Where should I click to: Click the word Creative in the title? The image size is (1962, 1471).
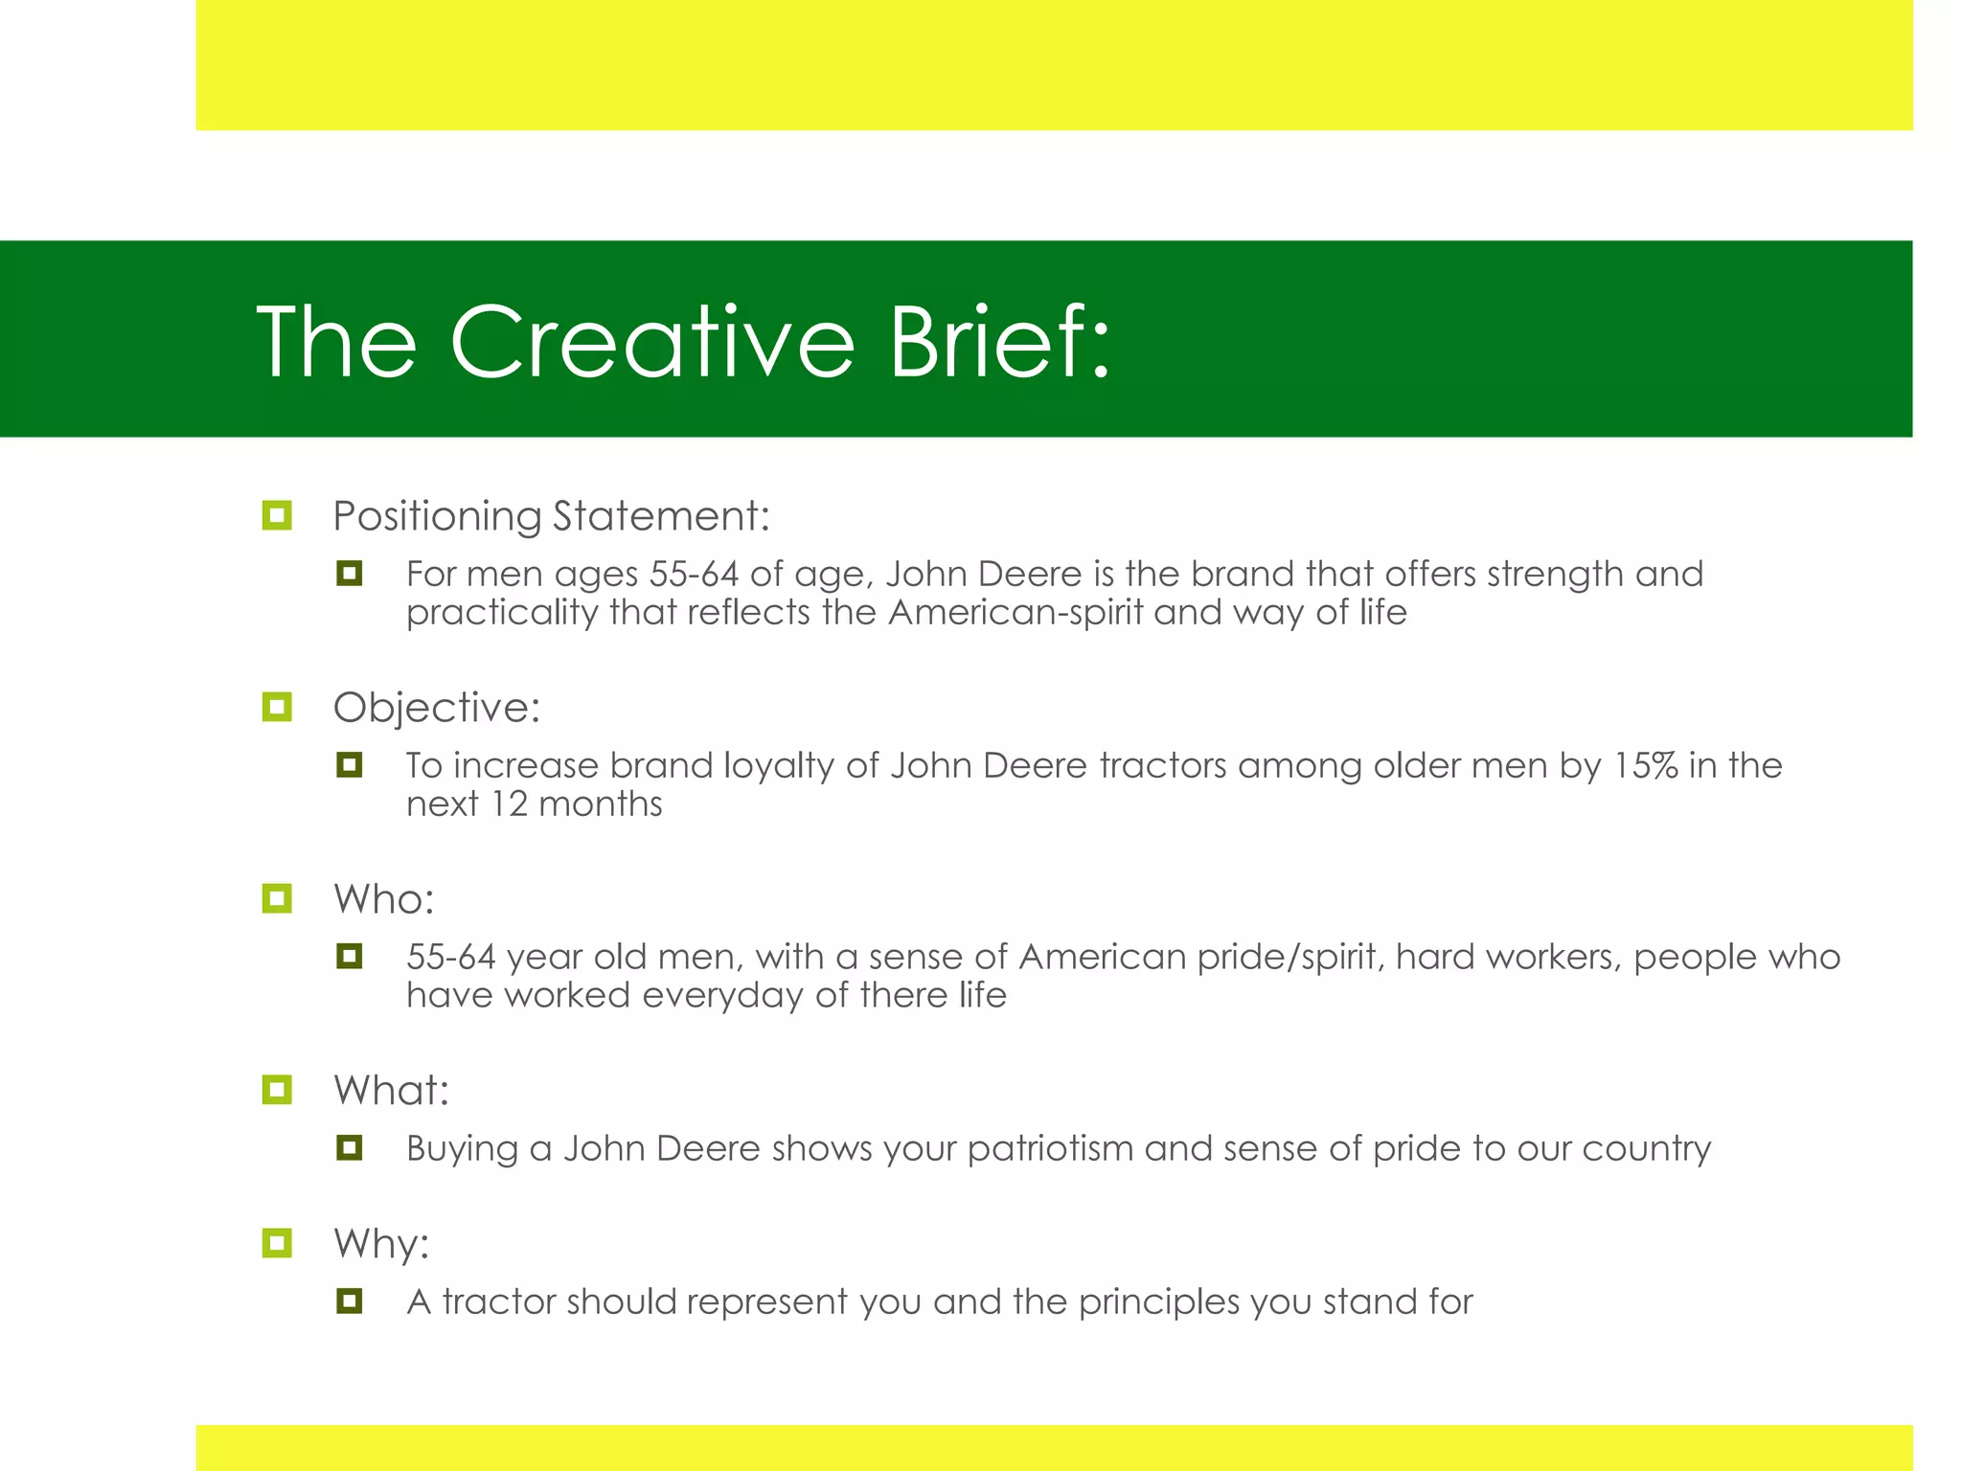tap(651, 342)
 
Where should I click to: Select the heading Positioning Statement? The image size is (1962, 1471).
tap(551, 516)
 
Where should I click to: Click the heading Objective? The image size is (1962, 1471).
tap(437, 708)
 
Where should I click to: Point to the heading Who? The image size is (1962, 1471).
tap(383, 899)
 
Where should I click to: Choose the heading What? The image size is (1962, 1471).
tap(391, 1091)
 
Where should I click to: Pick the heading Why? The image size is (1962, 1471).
tap(381, 1244)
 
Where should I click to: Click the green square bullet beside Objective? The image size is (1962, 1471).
tap(277, 708)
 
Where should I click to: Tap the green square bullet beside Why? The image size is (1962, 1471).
tap(277, 1244)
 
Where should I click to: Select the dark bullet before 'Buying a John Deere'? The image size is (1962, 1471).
tap(350, 1147)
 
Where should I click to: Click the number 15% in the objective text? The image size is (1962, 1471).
tap(1645, 765)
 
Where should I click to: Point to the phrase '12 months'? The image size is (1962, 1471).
tap(576, 803)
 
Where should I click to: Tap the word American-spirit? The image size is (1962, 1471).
tap(1015, 612)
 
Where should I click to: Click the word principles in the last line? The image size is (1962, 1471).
tap(1158, 1301)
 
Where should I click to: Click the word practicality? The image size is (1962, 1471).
tap(502, 612)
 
